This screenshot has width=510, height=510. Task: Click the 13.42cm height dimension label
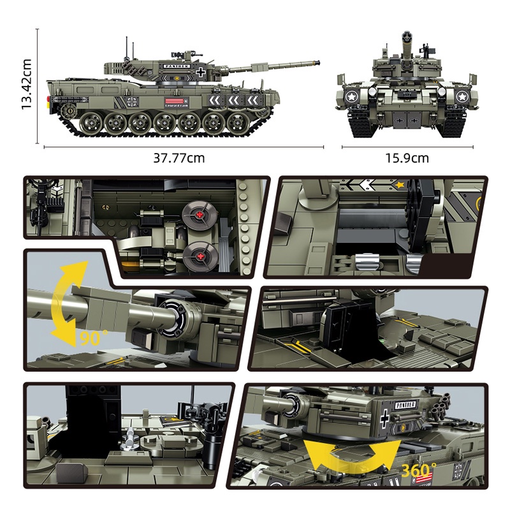(27, 84)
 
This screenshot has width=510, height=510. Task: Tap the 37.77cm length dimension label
(179, 158)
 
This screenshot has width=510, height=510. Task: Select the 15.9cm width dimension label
(407, 158)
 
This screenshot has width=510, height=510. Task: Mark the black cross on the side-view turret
(202, 71)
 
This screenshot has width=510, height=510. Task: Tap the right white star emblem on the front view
(463, 97)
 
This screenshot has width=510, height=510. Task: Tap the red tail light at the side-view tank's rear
(48, 100)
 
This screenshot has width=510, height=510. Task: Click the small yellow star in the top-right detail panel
(401, 185)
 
